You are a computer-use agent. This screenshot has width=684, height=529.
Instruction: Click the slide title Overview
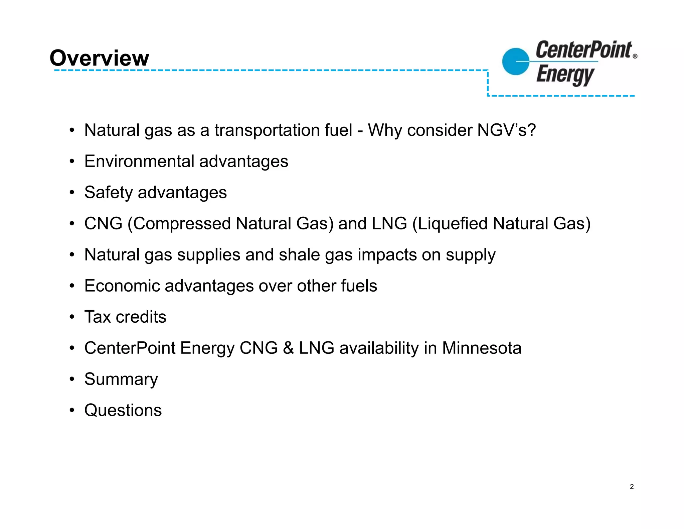(99, 58)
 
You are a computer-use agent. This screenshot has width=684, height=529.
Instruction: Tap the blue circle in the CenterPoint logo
(516, 62)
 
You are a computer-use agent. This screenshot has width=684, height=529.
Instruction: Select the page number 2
(632, 487)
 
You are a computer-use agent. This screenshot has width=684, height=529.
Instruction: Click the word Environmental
(139, 161)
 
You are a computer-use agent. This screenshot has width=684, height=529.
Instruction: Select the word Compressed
(182, 223)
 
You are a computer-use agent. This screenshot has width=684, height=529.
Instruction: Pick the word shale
(299, 255)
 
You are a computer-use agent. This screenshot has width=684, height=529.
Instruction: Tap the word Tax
(97, 317)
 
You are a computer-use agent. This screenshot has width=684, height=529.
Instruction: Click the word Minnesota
(482, 348)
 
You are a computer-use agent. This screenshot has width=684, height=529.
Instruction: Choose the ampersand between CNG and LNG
(288, 348)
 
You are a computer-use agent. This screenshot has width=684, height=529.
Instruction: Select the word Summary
(121, 380)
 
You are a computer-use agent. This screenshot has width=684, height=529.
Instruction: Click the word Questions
(123, 410)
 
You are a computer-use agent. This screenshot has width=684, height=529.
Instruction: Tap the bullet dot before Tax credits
(72, 317)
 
